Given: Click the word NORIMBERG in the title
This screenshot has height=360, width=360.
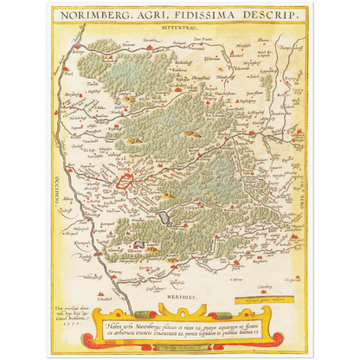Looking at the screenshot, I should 96,15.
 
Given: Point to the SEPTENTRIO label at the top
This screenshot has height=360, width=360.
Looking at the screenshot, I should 182,32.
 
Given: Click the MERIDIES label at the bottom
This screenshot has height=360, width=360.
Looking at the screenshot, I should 177,295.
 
